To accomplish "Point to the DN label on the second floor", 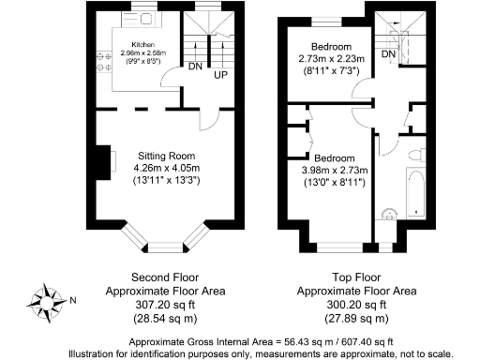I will (195, 67).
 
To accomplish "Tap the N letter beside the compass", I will (75, 300).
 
